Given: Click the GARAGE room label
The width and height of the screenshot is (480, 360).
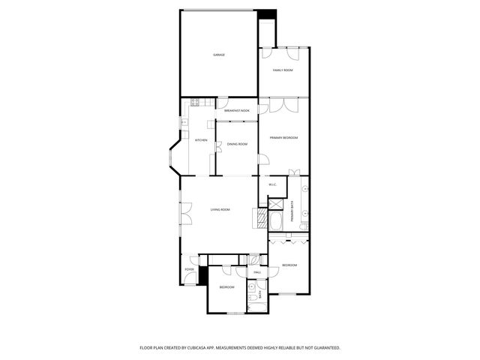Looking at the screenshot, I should [x=219, y=55].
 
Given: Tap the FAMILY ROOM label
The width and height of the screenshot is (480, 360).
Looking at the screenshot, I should [x=283, y=70].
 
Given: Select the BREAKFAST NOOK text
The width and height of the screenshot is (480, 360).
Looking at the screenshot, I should [x=237, y=110].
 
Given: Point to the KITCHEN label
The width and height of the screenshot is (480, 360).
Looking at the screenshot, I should [x=201, y=140].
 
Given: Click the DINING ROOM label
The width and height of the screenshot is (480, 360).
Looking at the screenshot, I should [x=237, y=143].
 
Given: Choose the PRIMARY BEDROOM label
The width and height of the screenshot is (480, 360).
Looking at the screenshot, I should [x=284, y=138].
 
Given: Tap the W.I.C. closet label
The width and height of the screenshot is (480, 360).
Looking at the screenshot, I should [x=273, y=184].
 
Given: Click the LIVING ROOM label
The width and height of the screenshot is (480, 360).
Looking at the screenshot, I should [x=220, y=209].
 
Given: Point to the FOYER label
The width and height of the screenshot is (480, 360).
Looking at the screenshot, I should [x=189, y=269].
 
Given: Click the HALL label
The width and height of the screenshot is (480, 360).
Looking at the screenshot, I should [x=257, y=272].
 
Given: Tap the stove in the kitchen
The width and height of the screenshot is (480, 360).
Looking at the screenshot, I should [x=194, y=103].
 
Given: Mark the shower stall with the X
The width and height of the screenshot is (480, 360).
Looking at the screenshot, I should [x=275, y=204].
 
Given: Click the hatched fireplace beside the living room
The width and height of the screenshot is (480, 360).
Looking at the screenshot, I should [x=262, y=218].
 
